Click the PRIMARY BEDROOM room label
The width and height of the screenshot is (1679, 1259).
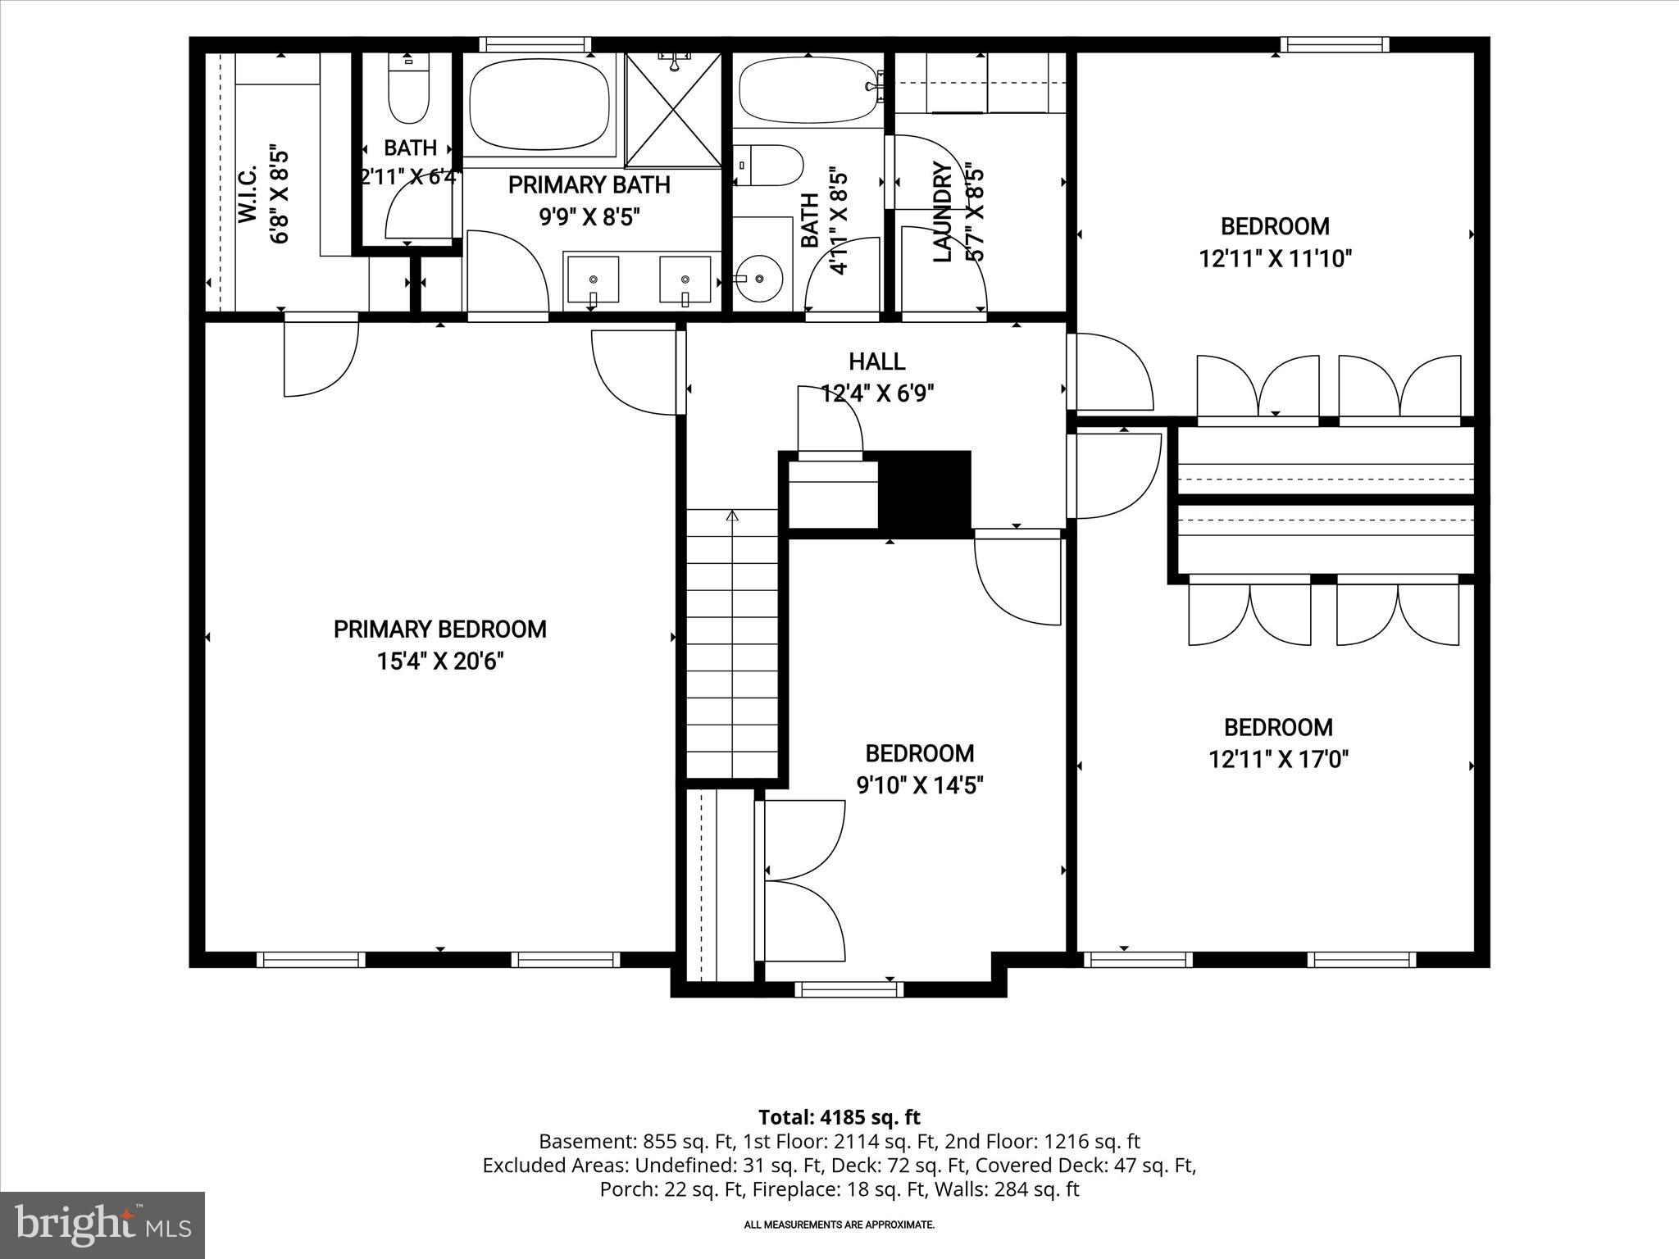tap(439, 629)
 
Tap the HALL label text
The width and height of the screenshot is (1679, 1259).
tap(876, 361)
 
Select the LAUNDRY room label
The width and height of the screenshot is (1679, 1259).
tap(943, 212)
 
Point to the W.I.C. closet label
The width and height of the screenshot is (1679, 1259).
tap(248, 193)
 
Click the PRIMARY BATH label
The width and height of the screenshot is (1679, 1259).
tap(589, 185)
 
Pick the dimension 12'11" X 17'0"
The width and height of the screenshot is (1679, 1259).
tap(1279, 760)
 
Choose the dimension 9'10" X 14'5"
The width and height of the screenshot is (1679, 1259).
tap(920, 786)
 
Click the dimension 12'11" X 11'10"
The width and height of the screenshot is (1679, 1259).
tap(1275, 259)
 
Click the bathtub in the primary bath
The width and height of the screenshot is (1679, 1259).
tap(540, 105)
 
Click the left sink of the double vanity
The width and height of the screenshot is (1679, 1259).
tap(593, 280)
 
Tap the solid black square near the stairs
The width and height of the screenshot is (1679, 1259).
tap(924, 494)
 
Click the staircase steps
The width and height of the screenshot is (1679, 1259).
tap(731, 643)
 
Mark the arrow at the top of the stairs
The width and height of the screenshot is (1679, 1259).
tap(732, 516)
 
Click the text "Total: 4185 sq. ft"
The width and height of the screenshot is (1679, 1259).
tap(839, 1117)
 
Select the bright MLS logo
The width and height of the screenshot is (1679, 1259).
tap(102, 1225)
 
